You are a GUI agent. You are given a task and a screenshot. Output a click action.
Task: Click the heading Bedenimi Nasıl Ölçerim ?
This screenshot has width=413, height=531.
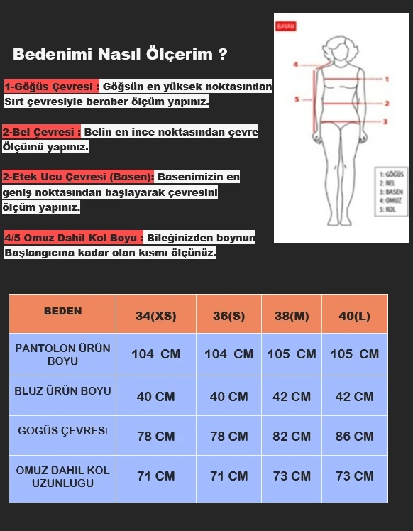tap(120, 55)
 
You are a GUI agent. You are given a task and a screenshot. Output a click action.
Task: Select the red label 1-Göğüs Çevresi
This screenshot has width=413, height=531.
tap(51, 87)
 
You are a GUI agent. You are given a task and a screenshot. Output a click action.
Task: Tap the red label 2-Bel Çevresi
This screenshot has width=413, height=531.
tap(42, 132)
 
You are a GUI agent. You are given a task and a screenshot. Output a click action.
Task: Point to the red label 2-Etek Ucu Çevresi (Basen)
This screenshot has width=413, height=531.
tap(78, 177)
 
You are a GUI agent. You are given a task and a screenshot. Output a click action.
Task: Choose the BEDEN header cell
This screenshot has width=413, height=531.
tap(62, 312)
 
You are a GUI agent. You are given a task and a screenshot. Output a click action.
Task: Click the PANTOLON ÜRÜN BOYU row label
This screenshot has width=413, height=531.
tap(62, 354)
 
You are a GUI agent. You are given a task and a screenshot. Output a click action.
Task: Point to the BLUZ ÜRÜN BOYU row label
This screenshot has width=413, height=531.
tap(62, 391)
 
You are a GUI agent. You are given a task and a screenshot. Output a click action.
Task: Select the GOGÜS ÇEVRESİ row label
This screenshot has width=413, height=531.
tap(62, 431)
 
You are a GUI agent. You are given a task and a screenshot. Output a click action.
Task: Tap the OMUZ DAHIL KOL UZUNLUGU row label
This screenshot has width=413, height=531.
tap(62, 476)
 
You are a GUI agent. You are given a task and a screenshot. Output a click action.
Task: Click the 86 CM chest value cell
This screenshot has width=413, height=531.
tap(354, 436)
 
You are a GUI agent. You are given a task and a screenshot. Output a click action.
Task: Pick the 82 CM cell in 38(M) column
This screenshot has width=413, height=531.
tap(292, 436)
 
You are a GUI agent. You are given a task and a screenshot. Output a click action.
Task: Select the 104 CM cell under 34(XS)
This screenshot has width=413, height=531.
tap(155, 354)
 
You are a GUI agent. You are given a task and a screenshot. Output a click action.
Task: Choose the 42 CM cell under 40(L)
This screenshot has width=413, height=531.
tap(354, 396)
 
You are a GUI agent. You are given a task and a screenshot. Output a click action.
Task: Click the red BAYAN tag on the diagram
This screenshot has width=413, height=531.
tap(285, 26)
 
